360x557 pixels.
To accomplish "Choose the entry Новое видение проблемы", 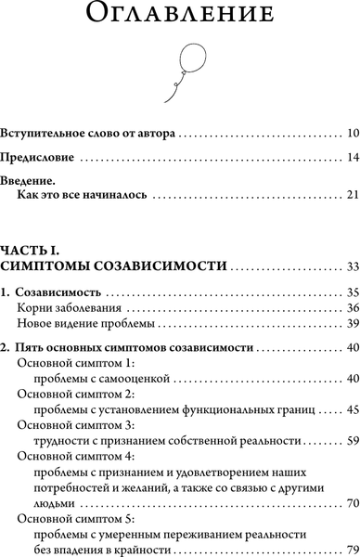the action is tap(81, 324).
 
